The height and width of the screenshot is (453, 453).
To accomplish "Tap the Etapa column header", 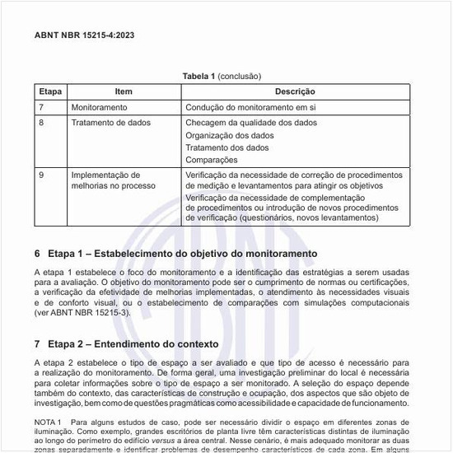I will point(50,91).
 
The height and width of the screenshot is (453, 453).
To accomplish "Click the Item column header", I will point(124,91).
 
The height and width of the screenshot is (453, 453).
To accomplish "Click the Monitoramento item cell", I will point(99,107).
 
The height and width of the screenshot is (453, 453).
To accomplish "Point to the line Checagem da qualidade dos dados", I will point(251,123).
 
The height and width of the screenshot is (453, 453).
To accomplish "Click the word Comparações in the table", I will point(211,160).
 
